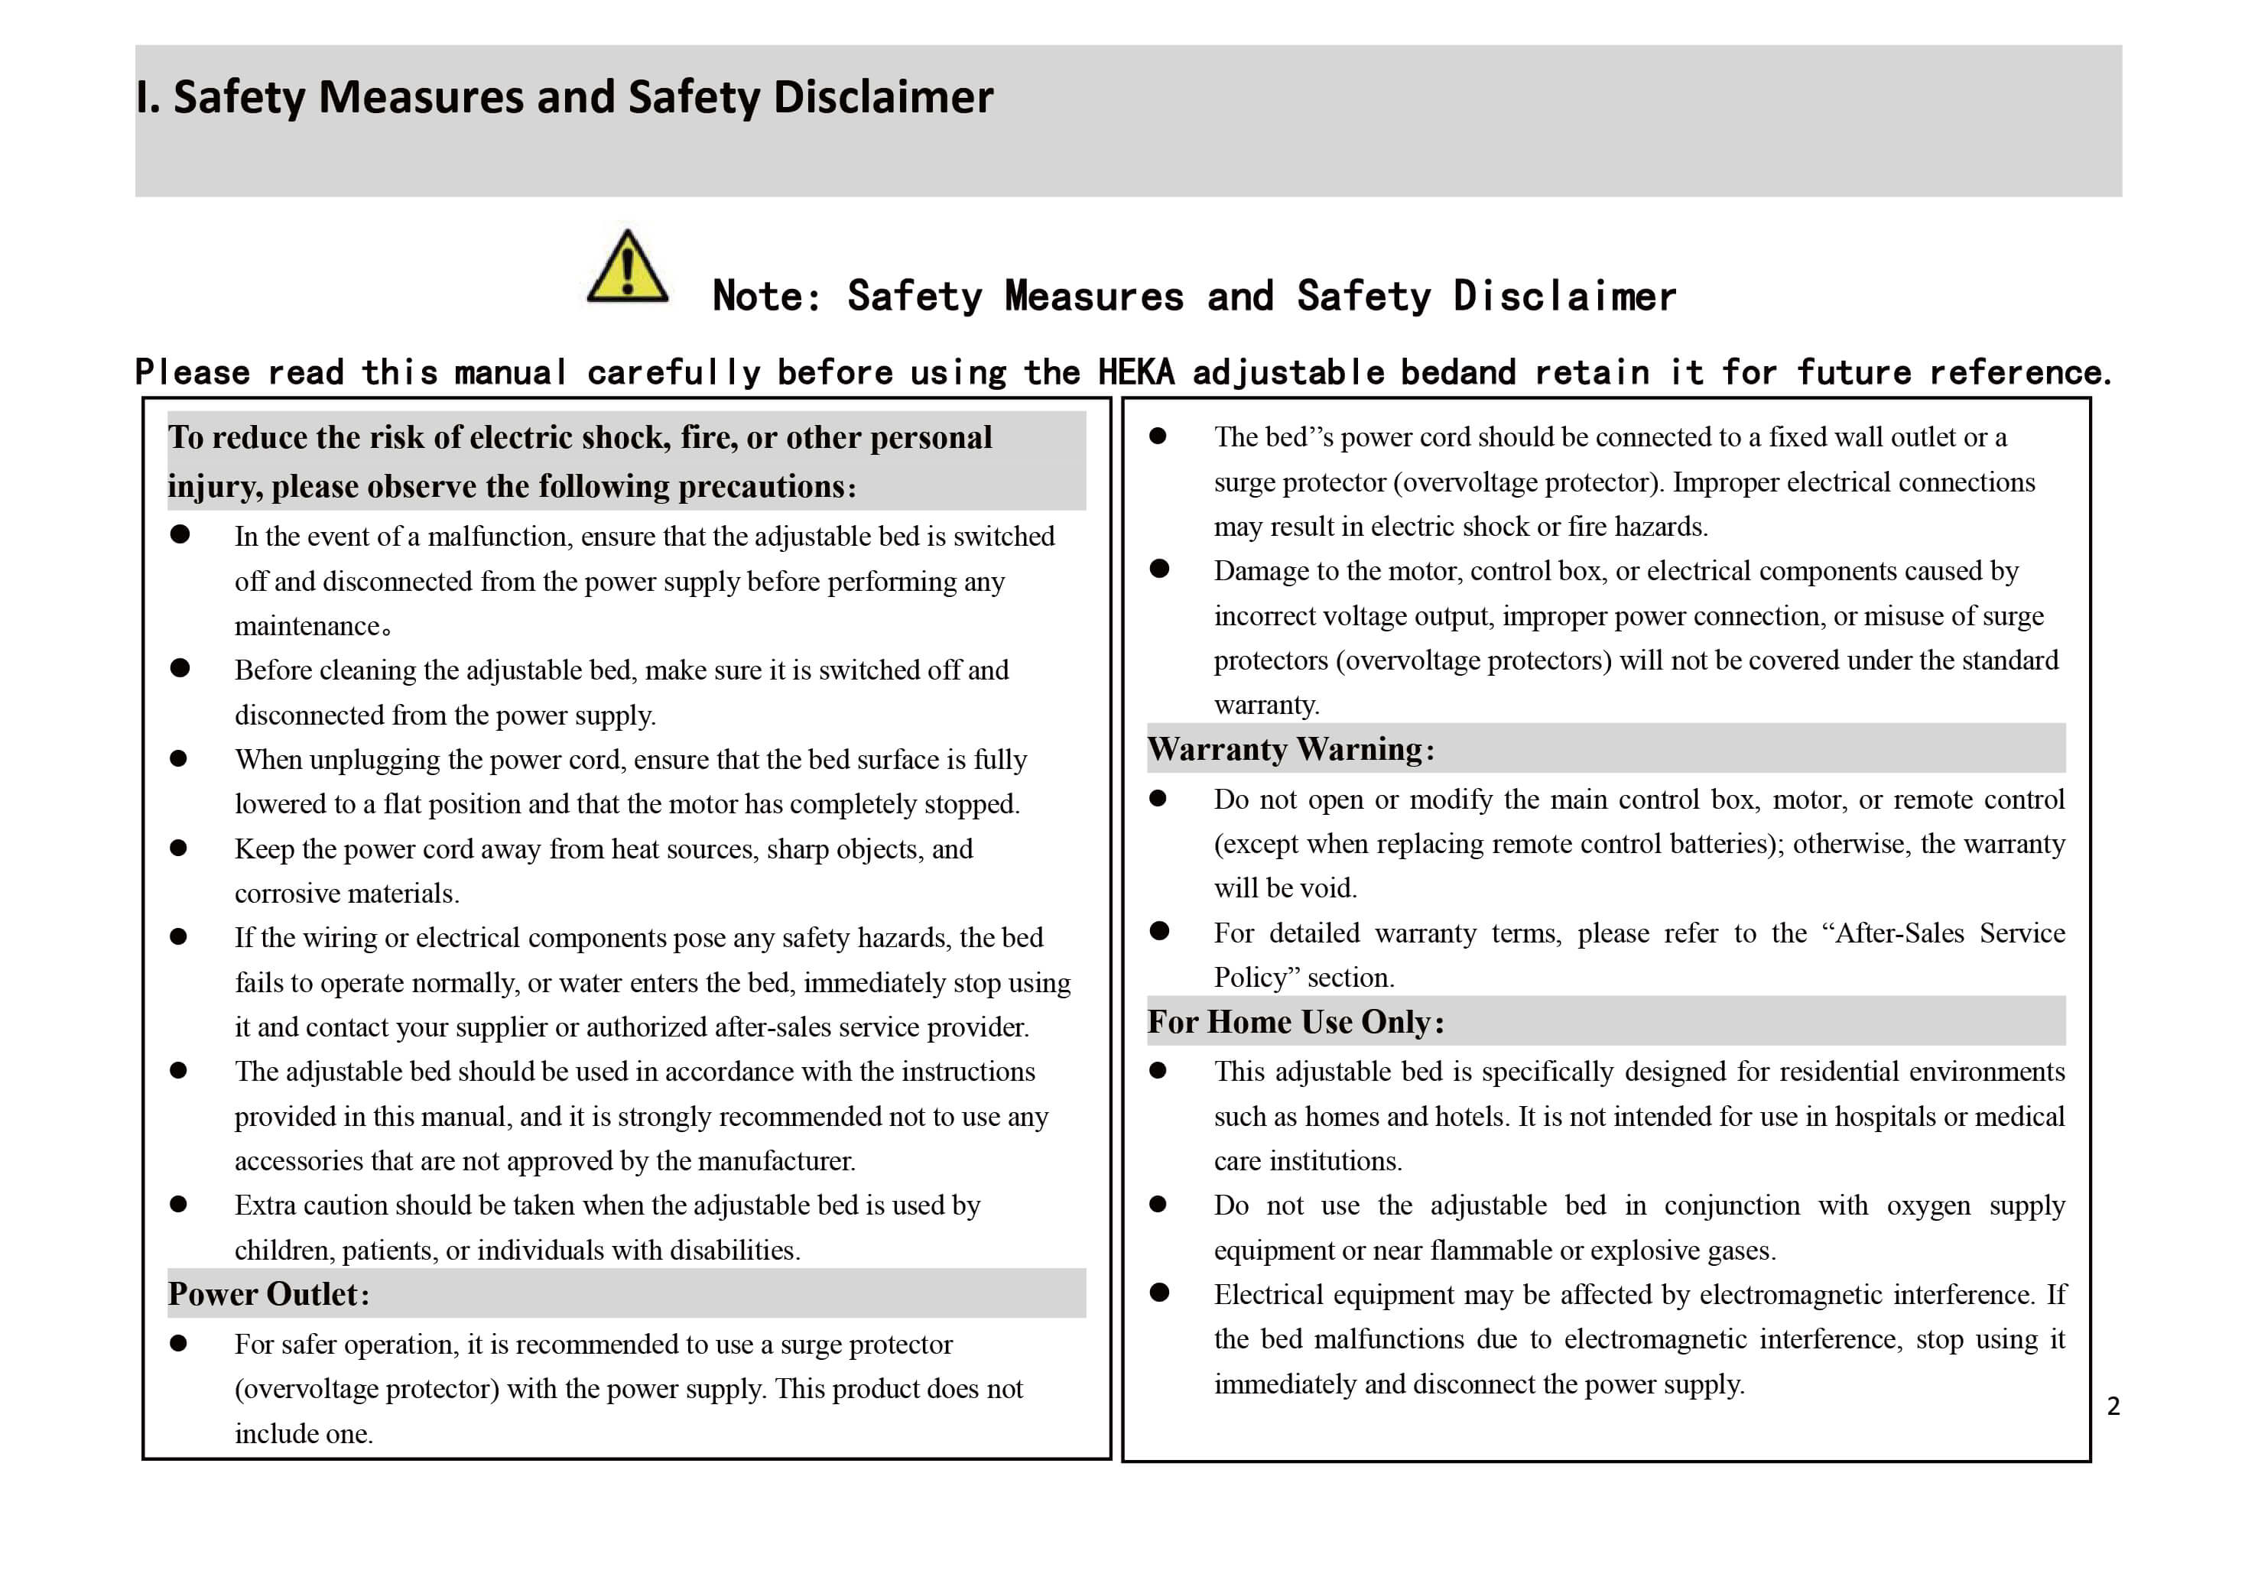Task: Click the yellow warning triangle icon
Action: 628,267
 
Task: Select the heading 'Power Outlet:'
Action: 268,1295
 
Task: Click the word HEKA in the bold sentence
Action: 1136,372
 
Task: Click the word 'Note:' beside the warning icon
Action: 767,296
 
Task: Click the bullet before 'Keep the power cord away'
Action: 179,848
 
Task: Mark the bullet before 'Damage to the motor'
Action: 1159,569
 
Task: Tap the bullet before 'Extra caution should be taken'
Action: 179,1205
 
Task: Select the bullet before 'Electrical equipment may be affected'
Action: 1159,1293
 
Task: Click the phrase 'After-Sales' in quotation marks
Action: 1899,933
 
